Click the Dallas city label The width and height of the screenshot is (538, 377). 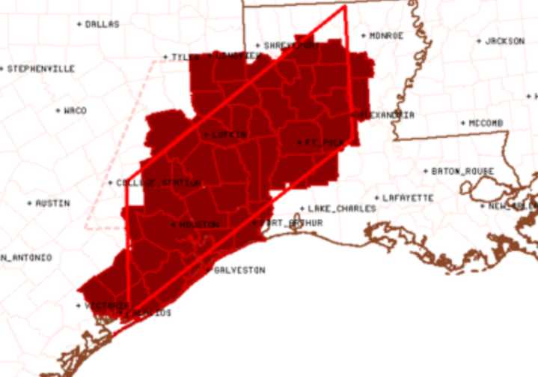coord(103,24)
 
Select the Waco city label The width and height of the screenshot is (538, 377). coord(75,111)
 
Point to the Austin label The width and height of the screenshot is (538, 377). coord(52,203)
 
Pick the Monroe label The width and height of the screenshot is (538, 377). coord(387,35)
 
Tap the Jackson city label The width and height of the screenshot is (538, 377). coord(505,41)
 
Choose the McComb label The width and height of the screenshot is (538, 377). coord(486,123)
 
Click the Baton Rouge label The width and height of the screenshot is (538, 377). coord(463,172)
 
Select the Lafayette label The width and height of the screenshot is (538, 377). coord(409,198)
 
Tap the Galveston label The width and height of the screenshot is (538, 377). coord(239,271)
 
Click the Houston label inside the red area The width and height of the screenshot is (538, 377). coord(199,225)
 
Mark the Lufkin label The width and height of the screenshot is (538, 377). coord(229,135)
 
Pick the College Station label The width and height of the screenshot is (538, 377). coord(158,183)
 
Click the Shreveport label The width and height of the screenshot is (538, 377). coord(292,46)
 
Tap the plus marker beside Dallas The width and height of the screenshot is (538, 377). coord(80,24)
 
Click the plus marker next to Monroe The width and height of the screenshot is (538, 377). coord(364,35)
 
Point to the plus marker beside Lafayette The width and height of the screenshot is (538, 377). coord(377,198)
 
